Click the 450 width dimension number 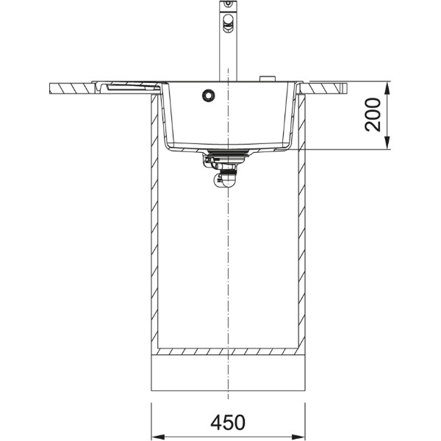(228, 422)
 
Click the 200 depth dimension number (373, 115)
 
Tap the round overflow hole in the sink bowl (209, 95)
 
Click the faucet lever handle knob (228, 22)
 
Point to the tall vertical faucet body (228, 40)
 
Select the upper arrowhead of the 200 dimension (387, 89)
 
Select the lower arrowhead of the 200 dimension (387, 143)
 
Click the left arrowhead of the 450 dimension (158, 437)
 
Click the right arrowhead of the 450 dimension (298, 437)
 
